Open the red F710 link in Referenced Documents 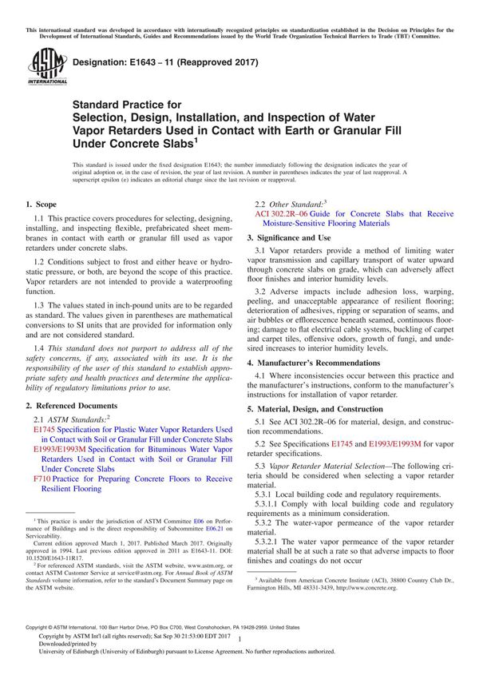42,479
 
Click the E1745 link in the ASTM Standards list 45,430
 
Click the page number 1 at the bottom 239,651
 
